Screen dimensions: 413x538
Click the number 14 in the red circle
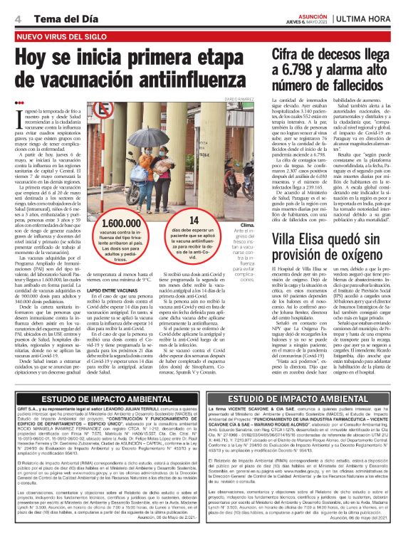[194, 221]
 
